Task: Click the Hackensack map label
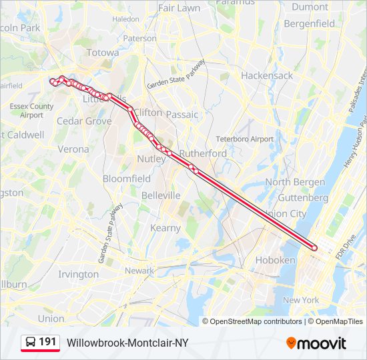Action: click(x=267, y=75)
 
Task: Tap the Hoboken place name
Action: click(x=280, y=260)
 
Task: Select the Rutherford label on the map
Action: click(x=203, y=153)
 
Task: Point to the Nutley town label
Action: click(x=151, y=159)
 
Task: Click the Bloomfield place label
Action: click(x=127, y=179)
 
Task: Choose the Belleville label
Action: click(x=161, y=195)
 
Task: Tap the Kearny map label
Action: click(x=165, y=228)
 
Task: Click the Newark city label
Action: click(x=139, y=271)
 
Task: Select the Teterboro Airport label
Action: click(x=244, y=139)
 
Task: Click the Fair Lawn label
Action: click(x=179, y=8)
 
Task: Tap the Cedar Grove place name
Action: click(x=84, y=121)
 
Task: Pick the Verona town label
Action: click(x=73, y=149)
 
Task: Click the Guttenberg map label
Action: click(x=303, y=197)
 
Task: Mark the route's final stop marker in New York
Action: click(x=314, y=249)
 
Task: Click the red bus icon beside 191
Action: click(x=31, y=343)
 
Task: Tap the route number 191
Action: click(x=47, y=342)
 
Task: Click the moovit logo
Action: click(x=316, y=343)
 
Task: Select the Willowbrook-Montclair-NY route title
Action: click(x=127, y=343)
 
